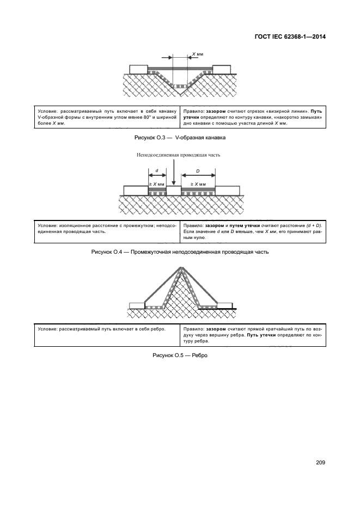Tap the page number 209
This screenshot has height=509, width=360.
[x=320, y=463]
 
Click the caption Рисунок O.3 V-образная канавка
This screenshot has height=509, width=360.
[x=180, y=138]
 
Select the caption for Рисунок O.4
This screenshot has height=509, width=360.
[x=180, y=252]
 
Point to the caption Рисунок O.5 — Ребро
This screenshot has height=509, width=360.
[x=180, y=355]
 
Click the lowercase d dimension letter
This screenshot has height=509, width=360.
[x=157, y=171]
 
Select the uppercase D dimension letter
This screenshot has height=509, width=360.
[x=198, y=171]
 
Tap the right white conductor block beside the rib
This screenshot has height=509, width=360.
[x=225, y=305]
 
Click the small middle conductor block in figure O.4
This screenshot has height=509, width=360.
[x=173, y=191]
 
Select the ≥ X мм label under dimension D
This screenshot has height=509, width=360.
[x=198, y=185]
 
